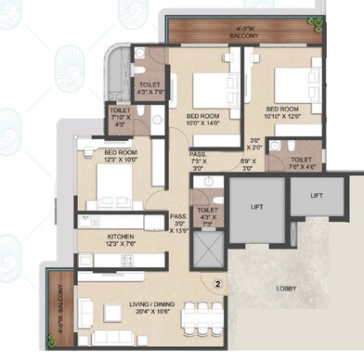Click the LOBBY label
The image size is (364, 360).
click(288, 289)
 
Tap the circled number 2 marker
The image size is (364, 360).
click(216, 284)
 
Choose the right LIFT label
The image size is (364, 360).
click(317, 195)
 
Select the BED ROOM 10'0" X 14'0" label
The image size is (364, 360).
click(201, 120)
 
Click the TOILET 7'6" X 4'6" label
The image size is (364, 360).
click(300, 163)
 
